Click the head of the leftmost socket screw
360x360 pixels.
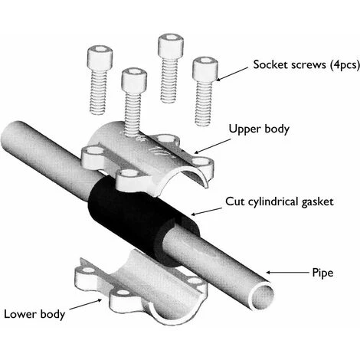pyautogui.click(x=99, y=54)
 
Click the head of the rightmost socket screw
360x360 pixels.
pyautogui.click(x=202, y=66)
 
